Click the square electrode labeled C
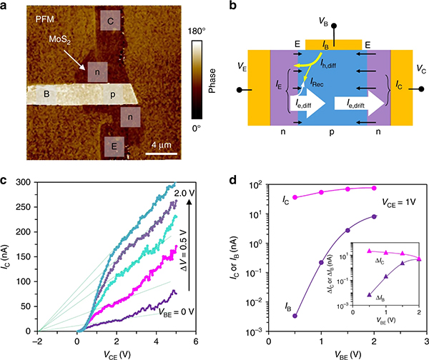pyautogui.click(x=110, y=22)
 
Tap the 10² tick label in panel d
pyautogui.click(x=251, y=184)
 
